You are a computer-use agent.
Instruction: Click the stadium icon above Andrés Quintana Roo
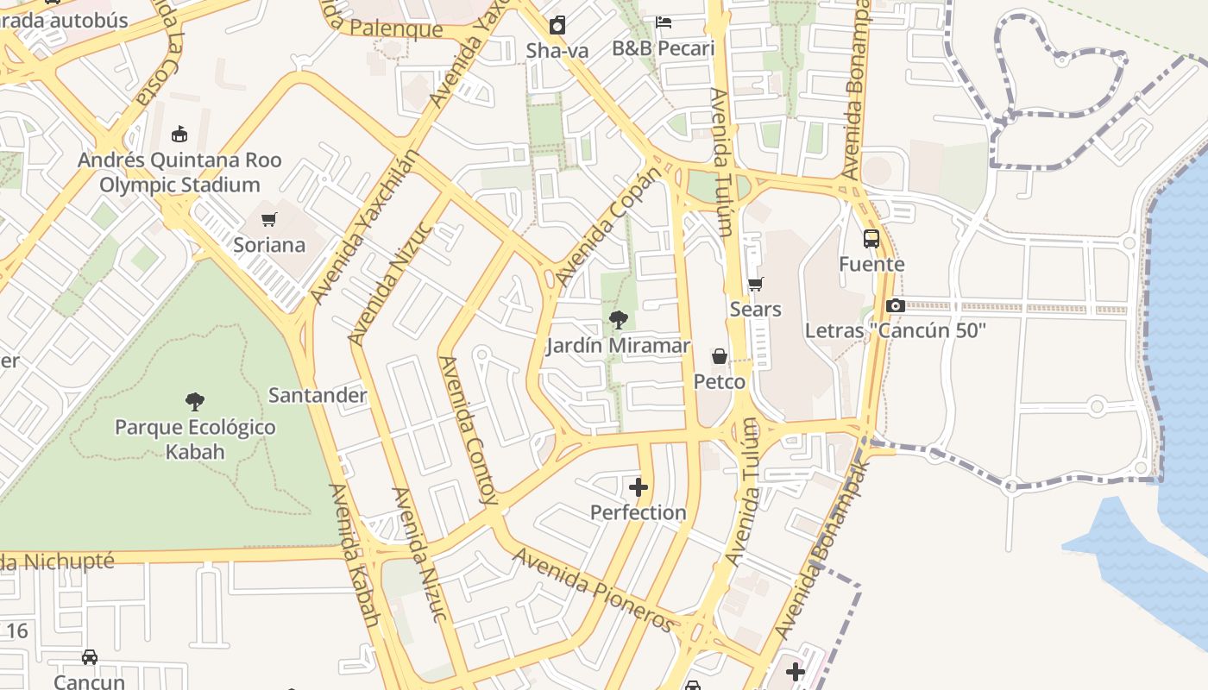coord(179,134)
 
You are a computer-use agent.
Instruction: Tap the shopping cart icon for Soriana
coord(269,219)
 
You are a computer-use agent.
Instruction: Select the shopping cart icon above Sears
coord(756,284)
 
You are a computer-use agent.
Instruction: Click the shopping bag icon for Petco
coord(719,356)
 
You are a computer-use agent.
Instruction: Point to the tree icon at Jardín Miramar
coord(618,320)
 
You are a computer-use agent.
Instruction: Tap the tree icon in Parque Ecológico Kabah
coord(195,401)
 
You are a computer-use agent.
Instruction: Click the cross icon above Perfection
coord(639,487)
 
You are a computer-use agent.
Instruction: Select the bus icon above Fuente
coord(871,239)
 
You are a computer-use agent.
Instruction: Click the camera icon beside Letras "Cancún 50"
coord(896,305)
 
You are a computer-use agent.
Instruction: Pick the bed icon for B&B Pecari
coord(664,22)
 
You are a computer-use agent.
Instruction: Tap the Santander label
coord(318,395)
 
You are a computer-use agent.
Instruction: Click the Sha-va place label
coord(557,50)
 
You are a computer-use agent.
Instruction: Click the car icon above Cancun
coord(90,657)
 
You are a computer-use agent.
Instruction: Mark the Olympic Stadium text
coord(179,185)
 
